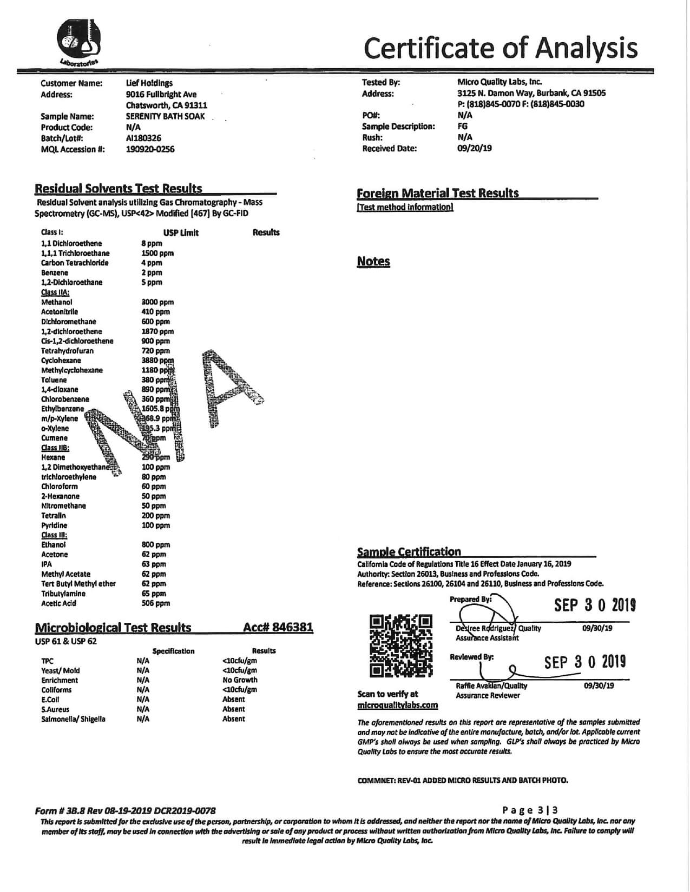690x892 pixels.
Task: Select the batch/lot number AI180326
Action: (143, 138)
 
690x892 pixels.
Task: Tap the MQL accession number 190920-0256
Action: (150, 149)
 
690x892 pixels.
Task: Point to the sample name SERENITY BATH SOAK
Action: (165, 116)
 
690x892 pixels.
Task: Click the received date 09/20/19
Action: (474, 148)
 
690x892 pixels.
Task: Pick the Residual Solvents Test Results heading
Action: (119, 189)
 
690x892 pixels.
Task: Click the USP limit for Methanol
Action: (157, 302)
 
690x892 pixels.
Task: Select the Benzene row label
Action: (55, 272)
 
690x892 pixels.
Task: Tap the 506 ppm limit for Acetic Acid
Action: (155, 603)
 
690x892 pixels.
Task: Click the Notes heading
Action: (373, 262)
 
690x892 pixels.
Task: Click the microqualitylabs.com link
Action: (397, 705)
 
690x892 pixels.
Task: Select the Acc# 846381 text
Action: (278, 627)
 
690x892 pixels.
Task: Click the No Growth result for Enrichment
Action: (240, 680)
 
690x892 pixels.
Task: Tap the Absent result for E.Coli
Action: (234, 700)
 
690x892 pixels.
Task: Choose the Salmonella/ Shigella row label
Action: (73, 719)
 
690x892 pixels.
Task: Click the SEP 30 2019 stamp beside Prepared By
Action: (595, 605)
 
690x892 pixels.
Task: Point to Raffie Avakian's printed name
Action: (491, 685)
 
